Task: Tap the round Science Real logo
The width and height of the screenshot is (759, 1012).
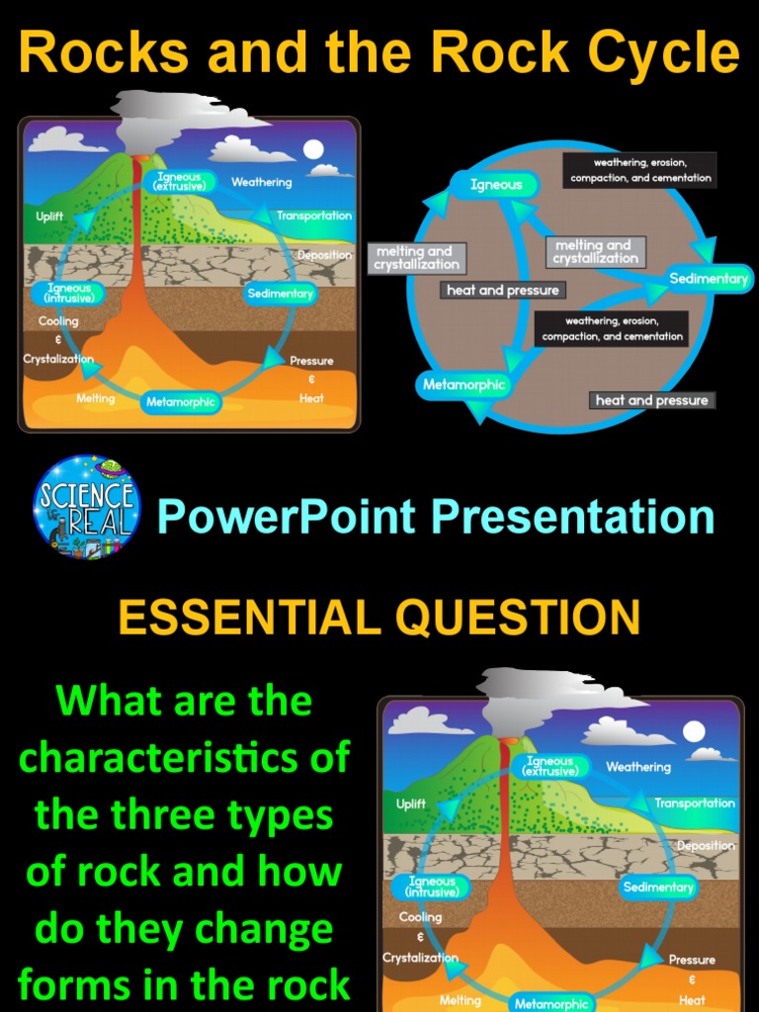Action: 86,507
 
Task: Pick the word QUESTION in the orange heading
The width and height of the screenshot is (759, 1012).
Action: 518,618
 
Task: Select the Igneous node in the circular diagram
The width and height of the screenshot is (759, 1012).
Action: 496,185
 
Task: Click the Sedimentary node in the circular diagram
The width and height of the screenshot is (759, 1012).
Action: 708,279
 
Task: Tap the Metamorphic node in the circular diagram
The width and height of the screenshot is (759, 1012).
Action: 464,384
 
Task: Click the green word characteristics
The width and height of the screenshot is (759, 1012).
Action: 185,758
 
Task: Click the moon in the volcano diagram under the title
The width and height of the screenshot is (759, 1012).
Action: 313,149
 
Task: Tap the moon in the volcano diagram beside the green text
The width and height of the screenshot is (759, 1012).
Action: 695,731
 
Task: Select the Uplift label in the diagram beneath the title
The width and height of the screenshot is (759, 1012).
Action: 50,216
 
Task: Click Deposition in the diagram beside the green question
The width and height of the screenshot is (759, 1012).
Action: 706,846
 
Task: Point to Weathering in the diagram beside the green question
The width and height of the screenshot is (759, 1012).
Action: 638,767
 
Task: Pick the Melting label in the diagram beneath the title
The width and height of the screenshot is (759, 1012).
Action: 96,398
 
